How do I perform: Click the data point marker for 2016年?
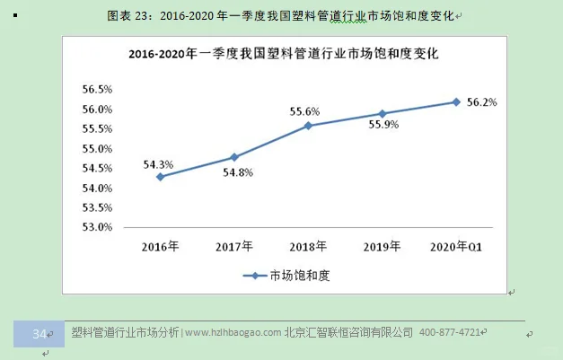(x=160, y=177)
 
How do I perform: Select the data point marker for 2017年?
(x=234, y=157)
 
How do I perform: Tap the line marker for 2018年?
(x=308, y=126)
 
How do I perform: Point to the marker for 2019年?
(x=383, y=114)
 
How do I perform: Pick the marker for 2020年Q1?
(x=456, y=101)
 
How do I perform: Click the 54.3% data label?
(x=158, y=164)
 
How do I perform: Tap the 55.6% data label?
(x=304, y=111)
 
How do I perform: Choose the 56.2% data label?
(x=482, y=102)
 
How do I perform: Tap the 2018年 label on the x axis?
(x=308, y=246)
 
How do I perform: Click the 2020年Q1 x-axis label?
(x=456, y=246)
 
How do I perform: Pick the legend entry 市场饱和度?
(x=288, y=276)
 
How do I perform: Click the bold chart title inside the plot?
(x=283, y=54)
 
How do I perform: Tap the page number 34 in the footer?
(x=39, y=333)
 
